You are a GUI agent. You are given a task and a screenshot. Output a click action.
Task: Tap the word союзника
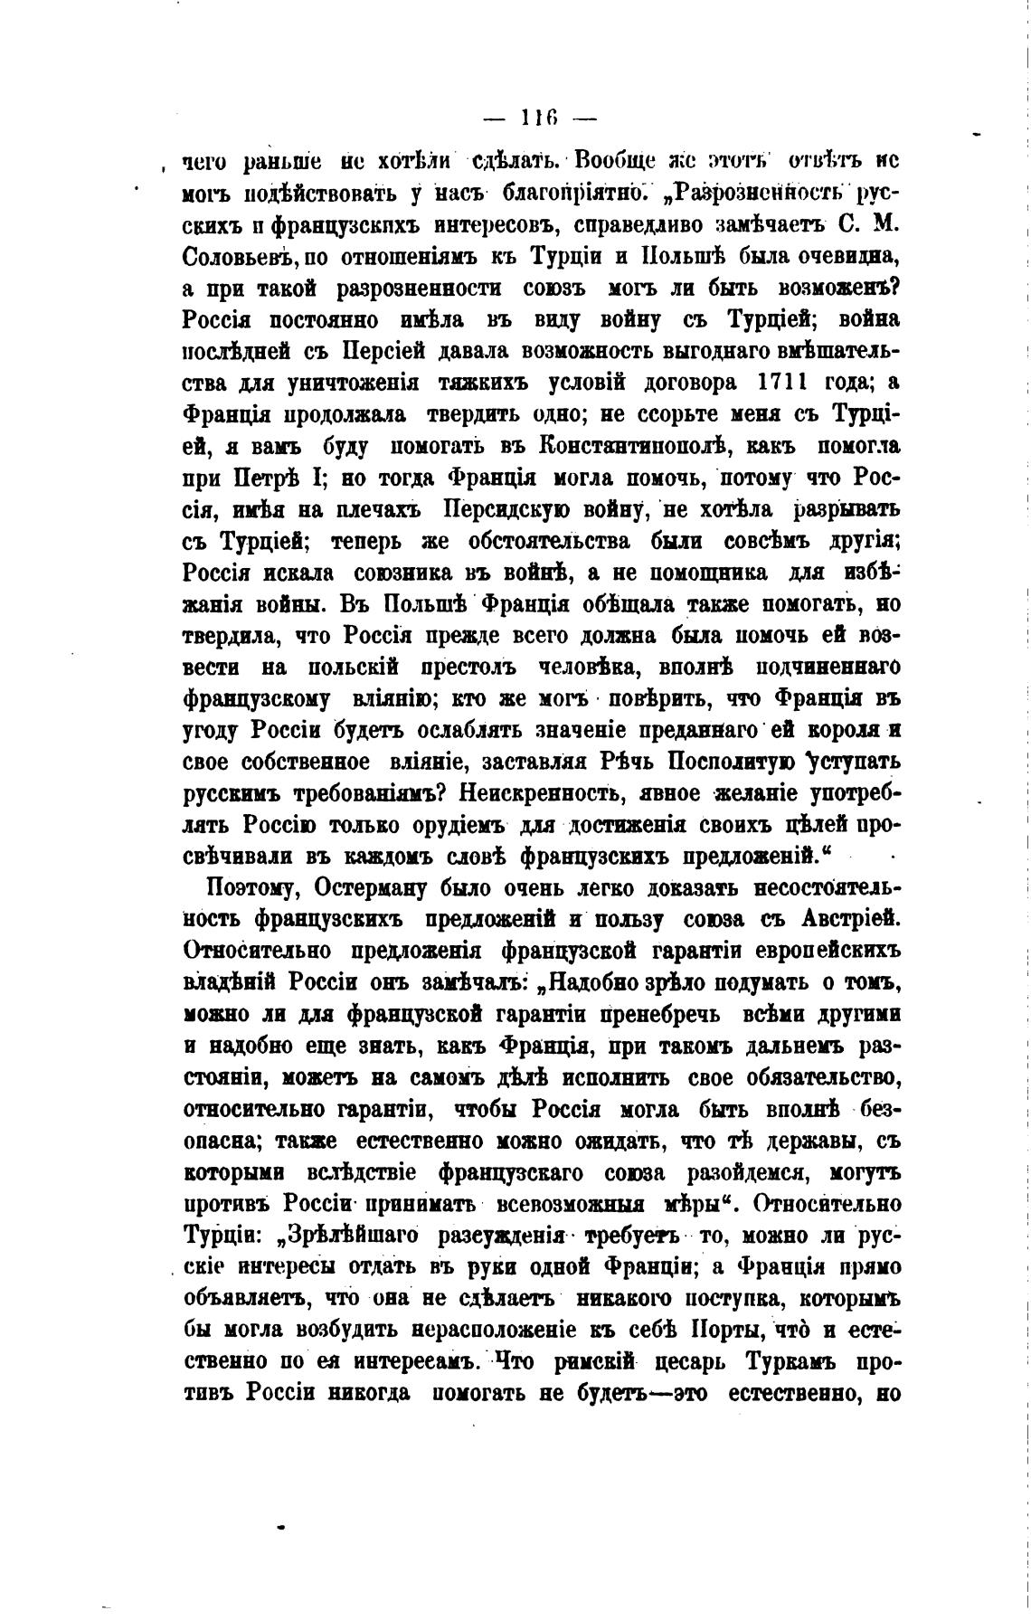coord(413,573)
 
